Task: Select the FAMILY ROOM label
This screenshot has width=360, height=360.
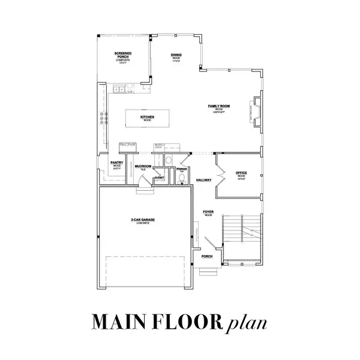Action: point(220,106)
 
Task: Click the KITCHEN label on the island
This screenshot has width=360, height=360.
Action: point(148,117)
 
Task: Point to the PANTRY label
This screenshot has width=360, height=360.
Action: point(117,163)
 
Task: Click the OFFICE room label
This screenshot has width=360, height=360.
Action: point(241,173)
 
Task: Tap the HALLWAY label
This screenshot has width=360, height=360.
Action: point(203,179)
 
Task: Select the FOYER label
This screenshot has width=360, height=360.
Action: point(208,212)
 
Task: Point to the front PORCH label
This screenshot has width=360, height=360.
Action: point(207,256)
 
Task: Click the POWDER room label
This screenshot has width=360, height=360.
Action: point(182,170)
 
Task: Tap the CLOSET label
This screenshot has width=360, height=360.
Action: point(160,178)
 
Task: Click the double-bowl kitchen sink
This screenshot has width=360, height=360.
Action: point(123,89)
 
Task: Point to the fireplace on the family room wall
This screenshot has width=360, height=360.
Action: point(257,112)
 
